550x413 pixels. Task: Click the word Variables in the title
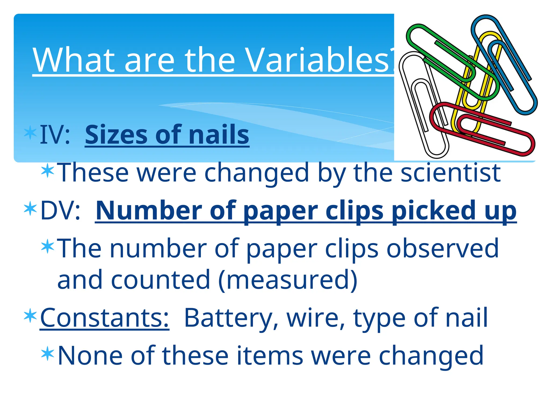click(317, 60)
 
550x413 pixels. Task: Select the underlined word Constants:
click(104, 318)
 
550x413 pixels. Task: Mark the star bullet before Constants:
click(30, 316)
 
